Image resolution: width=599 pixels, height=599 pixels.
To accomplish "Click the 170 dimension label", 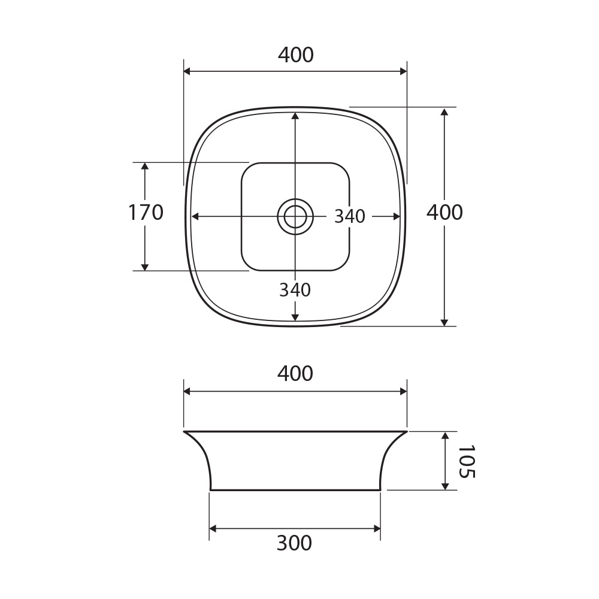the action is click(x=146, y=213).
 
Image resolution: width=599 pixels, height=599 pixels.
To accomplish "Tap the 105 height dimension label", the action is click(x=466, y=461).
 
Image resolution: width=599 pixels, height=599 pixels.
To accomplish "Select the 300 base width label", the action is click(x=294, y=543).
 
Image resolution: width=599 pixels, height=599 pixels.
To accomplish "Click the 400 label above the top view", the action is click(x=295, y=55).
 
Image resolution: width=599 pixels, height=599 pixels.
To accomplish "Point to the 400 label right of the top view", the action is click(x=444, y=212).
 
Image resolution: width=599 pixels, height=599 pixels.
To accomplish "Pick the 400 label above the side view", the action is click(x=295, y=373).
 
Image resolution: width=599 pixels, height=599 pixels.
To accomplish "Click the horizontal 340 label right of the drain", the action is click(x=350, y=217).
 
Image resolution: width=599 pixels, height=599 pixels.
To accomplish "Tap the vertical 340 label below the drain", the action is click(x=295, y=290).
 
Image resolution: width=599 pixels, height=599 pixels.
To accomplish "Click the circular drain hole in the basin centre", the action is click(x=295, y=216).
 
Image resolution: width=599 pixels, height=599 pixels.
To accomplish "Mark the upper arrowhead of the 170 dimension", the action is click(x=145, y=166).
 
